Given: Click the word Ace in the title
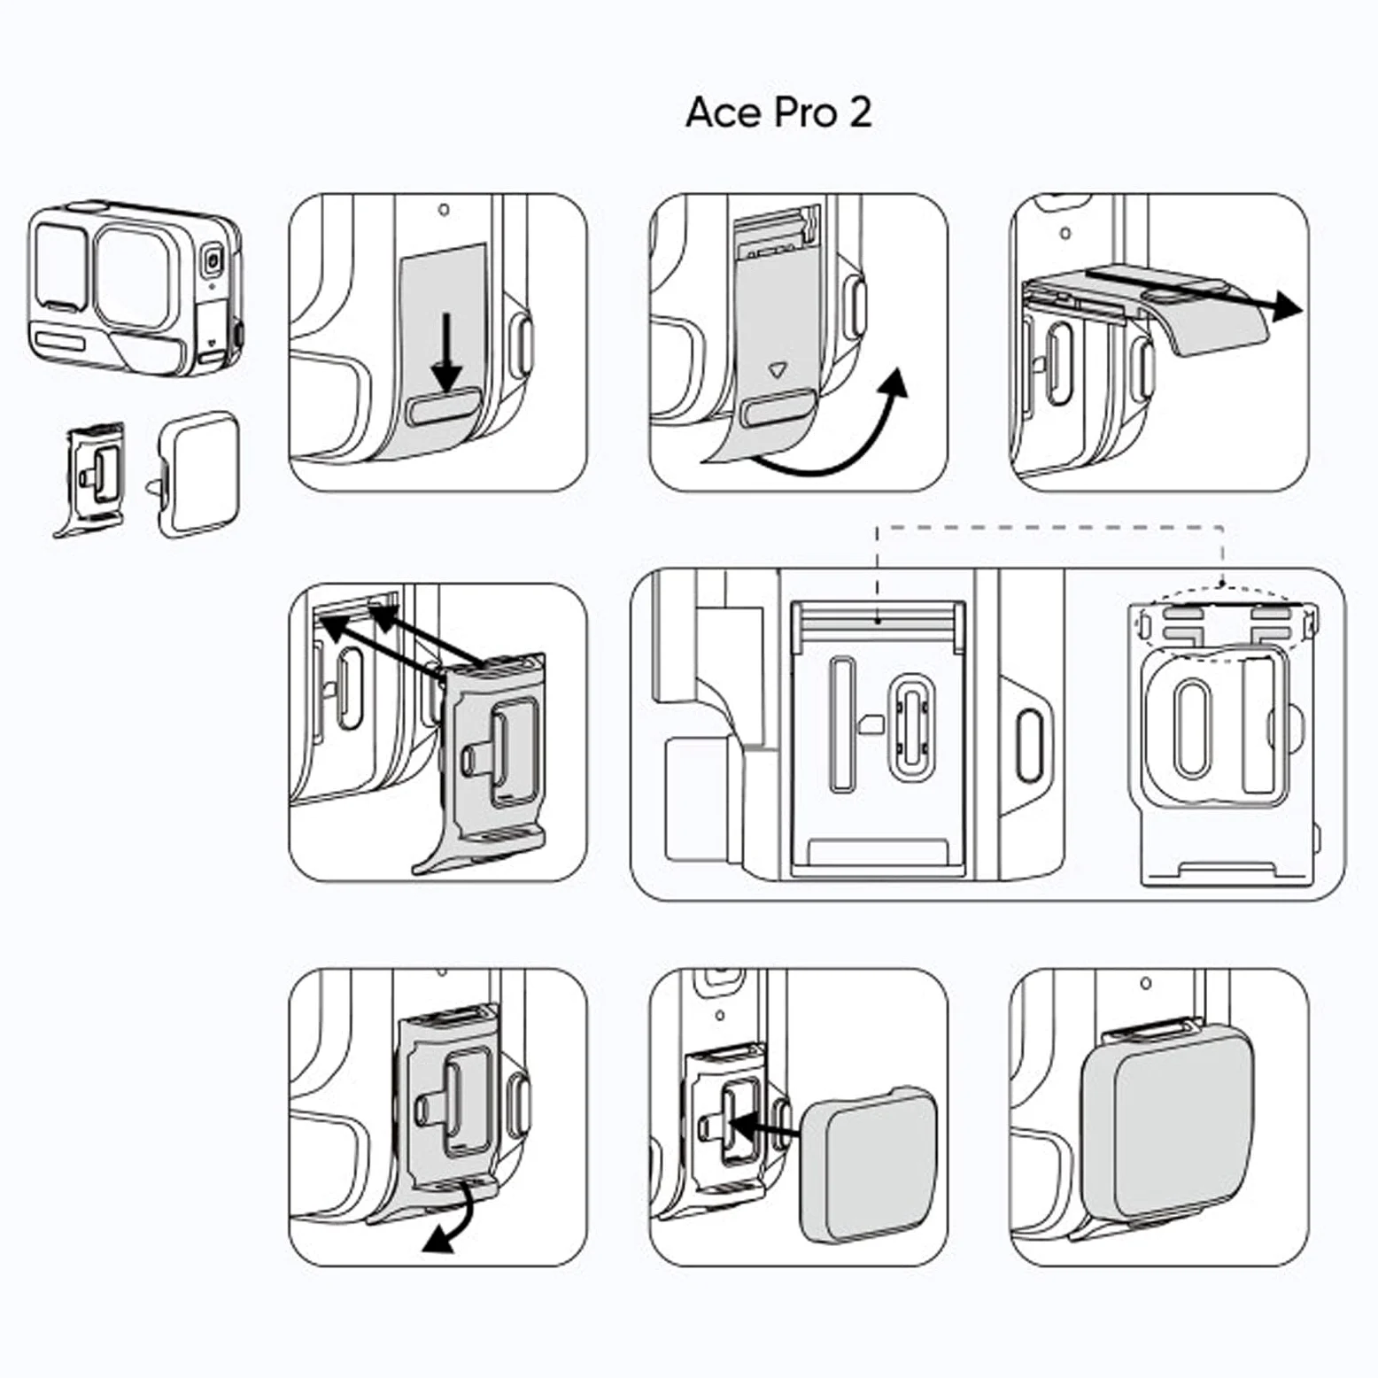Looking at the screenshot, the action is point(724,112).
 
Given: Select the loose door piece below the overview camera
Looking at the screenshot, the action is point(91,479).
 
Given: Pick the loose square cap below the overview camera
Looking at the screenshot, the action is point(197,474).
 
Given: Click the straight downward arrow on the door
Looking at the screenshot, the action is point(446,352).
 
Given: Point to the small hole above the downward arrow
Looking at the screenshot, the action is point(444,210).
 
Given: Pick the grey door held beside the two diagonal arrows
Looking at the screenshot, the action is point(483,762).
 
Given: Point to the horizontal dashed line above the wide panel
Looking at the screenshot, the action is point(1049,528).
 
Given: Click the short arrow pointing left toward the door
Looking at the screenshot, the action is point(763,1129).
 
